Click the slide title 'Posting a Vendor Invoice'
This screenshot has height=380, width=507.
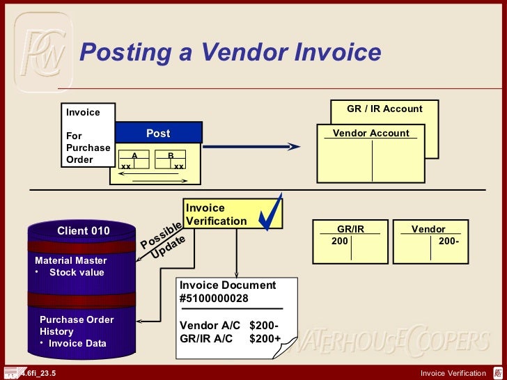231,53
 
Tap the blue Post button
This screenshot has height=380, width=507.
158,133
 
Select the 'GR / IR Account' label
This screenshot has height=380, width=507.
384,109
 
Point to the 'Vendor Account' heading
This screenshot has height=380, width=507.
370,133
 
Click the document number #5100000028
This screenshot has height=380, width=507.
214,299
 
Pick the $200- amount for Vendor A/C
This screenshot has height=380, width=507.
264,326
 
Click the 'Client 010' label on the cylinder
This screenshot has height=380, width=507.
83,231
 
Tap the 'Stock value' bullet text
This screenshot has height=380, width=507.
77,272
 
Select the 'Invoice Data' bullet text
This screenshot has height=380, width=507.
77,343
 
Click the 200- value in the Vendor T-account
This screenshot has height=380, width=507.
449,241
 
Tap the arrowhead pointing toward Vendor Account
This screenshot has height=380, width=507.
294,146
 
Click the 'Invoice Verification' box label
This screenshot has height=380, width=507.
216,214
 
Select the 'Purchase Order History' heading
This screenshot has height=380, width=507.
77,326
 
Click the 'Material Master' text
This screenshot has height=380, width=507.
71,261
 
